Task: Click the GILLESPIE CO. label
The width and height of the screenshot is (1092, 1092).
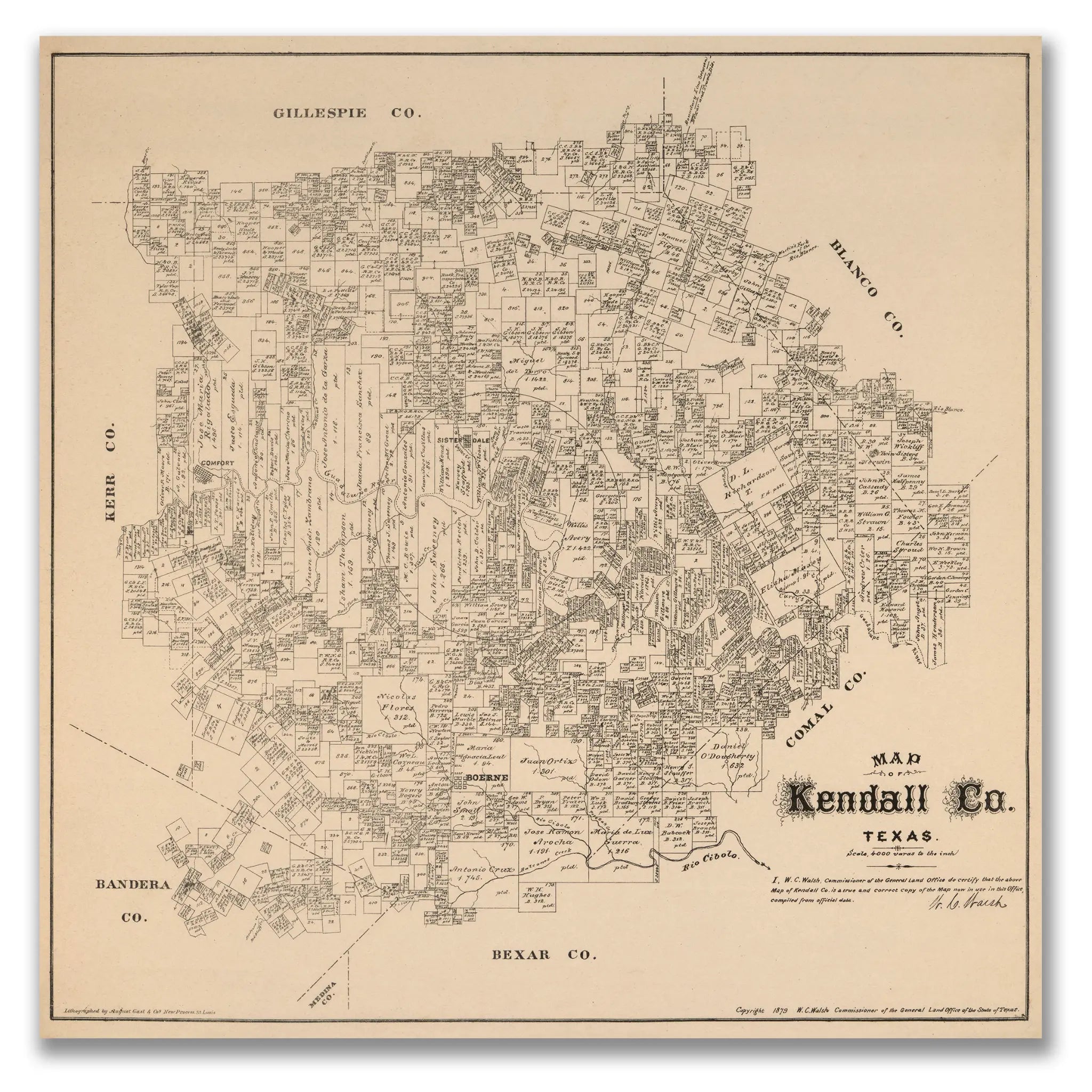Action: pos(348,113)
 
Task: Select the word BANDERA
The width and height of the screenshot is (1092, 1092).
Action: pos(132,885)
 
